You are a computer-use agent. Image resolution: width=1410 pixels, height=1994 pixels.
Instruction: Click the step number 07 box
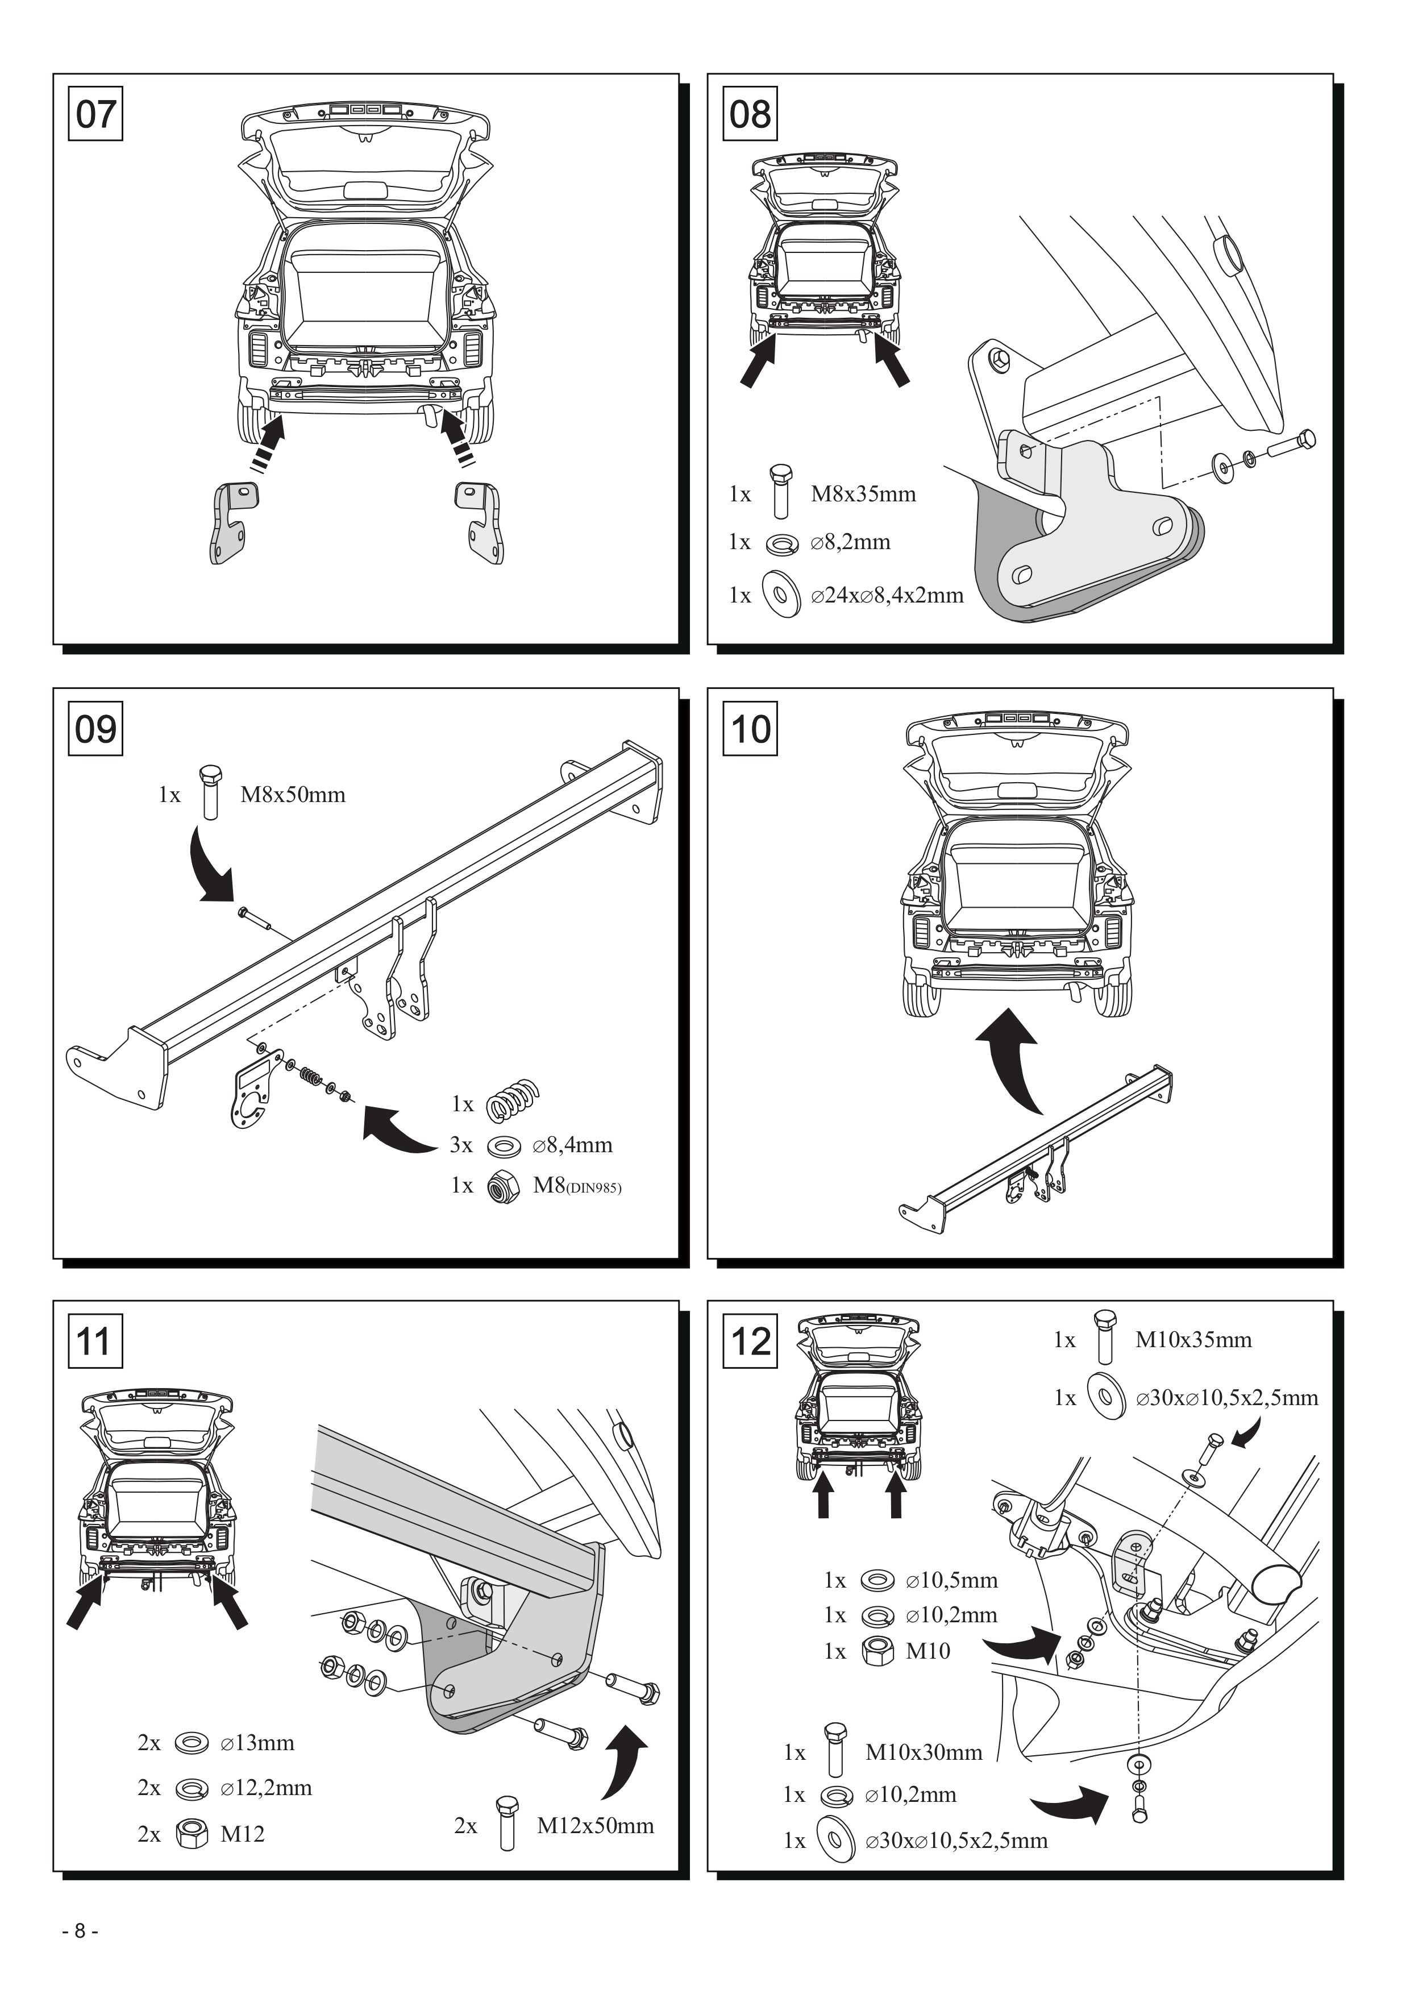95,114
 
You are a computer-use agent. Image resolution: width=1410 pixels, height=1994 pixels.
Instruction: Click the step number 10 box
750,729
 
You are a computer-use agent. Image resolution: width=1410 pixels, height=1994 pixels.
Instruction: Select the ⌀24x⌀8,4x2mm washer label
887,596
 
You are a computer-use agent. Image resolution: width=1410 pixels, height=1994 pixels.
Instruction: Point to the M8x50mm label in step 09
293,795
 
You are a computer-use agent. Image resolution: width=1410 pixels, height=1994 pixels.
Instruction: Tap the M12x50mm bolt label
596,1826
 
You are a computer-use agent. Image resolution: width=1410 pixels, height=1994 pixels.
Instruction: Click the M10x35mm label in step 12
1194,1340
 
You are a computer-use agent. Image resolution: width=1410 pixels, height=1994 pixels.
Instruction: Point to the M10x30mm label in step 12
924,1752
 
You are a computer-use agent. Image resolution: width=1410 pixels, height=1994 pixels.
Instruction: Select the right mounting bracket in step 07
479,523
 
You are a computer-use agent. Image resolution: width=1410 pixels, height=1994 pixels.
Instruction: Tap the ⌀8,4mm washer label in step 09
573,1145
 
